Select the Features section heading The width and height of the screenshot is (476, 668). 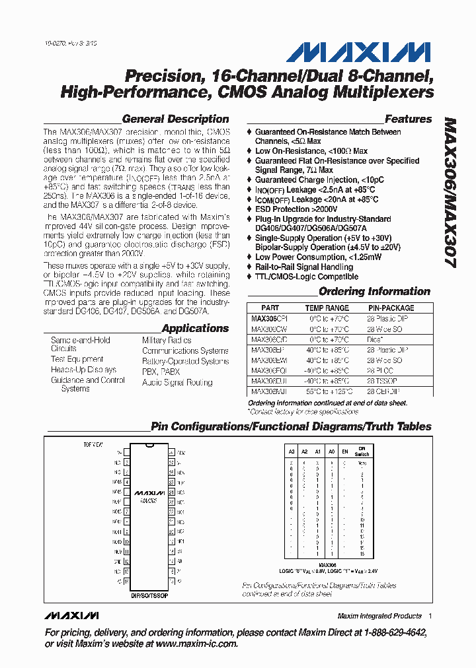408,119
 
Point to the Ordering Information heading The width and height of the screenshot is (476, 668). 374,291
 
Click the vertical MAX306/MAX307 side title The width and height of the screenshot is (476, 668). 448,191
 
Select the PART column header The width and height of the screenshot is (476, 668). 270,308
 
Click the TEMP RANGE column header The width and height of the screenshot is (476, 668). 327,308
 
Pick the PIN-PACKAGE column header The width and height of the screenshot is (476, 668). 391,308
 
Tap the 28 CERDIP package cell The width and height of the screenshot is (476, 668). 384,391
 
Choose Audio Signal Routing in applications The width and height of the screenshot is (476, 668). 177,382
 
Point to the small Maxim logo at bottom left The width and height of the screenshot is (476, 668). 72,616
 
